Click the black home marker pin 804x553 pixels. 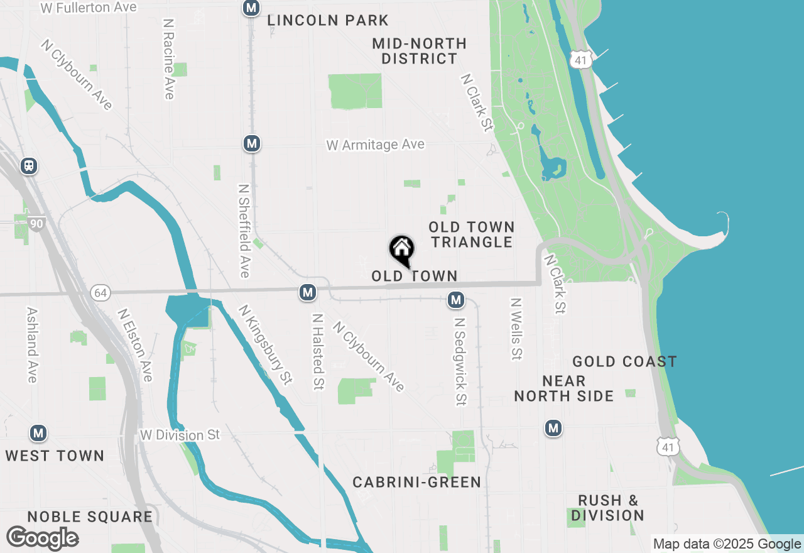(402, 250)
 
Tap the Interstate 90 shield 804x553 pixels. (36, 223)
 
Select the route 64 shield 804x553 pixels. (99, 292)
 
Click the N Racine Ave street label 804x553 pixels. (168, 58)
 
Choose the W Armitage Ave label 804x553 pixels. (375, 145)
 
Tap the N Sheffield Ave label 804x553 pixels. (244, 230)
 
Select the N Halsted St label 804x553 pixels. (318, 352)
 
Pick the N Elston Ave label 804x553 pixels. (136, 344)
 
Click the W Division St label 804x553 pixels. (180, 435)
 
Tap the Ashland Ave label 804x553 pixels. (32, 344)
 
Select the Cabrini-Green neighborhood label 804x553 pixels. (416, 482)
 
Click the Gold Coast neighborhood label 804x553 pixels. (624, 361)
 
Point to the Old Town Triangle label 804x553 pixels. (472, 234)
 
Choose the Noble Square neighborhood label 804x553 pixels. (90, 517)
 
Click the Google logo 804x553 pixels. (42, 538)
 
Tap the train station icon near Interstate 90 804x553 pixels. (28, 166)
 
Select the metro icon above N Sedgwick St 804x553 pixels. (456, 300)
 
